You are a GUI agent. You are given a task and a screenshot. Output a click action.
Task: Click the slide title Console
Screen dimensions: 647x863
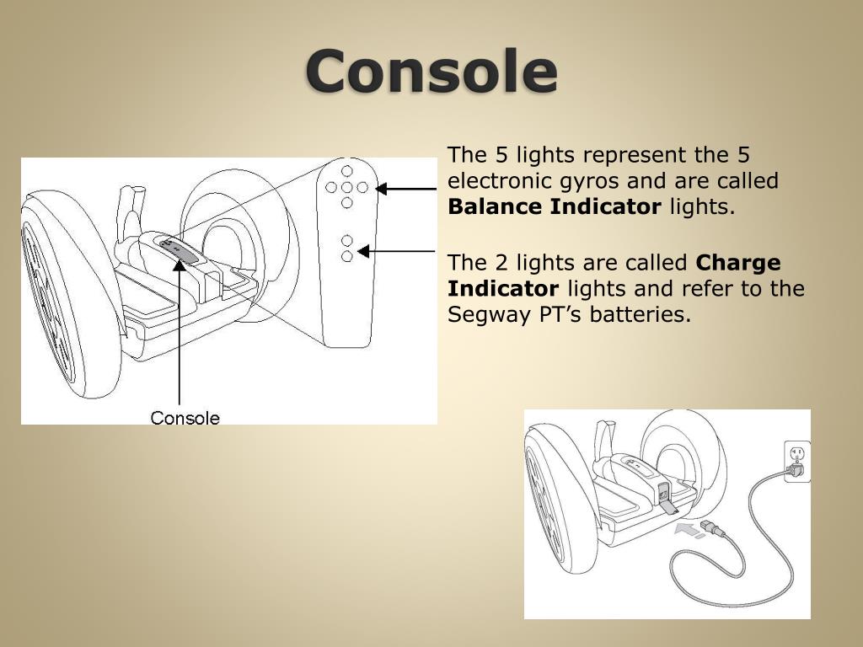click(x=431, y=72)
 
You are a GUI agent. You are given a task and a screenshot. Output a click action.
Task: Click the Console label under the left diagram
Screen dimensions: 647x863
click(x=185, y=418)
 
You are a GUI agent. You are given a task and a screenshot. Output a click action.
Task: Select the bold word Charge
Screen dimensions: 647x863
click(x=738, y=264)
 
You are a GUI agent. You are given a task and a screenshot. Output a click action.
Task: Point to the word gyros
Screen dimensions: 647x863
click(x=597, y=181)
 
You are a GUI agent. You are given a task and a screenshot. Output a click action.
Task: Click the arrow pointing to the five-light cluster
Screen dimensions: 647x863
click(x=405, y=189)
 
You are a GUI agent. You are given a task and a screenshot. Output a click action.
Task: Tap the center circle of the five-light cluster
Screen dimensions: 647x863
click(x=346, y=188)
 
